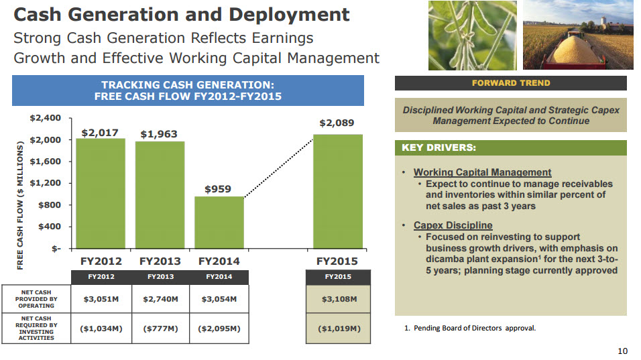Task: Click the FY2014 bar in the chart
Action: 219,223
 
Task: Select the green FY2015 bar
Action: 338,192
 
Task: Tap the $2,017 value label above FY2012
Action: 101,133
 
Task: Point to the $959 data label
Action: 218,190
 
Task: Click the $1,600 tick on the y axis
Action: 46,162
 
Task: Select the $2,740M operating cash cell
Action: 160,299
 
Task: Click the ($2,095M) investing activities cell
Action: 219,328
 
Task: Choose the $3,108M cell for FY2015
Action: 338,299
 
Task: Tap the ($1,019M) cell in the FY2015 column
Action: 338,328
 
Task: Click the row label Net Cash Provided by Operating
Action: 36,299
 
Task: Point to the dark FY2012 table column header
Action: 101,277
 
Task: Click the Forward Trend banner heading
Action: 511,83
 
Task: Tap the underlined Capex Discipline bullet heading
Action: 453,225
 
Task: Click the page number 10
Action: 622,351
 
